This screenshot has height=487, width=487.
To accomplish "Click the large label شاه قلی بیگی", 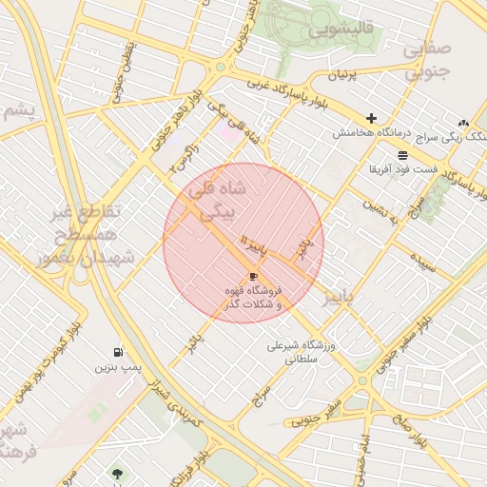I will tap(218, 202).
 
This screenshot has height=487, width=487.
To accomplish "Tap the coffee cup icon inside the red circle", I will tap(253, 276).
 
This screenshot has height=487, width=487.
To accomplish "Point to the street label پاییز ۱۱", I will tap(258, 247).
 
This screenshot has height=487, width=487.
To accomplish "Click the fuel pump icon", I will tap(117, 351).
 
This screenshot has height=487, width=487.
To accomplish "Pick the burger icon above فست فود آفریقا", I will tap(404, 153).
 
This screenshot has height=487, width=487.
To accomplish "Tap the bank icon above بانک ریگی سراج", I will tap(463, 123).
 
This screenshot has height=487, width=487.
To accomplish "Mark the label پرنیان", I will tap(346, 75).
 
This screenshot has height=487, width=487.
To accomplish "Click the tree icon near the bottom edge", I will tap(118, 473).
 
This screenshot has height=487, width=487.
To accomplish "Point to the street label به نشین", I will tap(382, 213).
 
